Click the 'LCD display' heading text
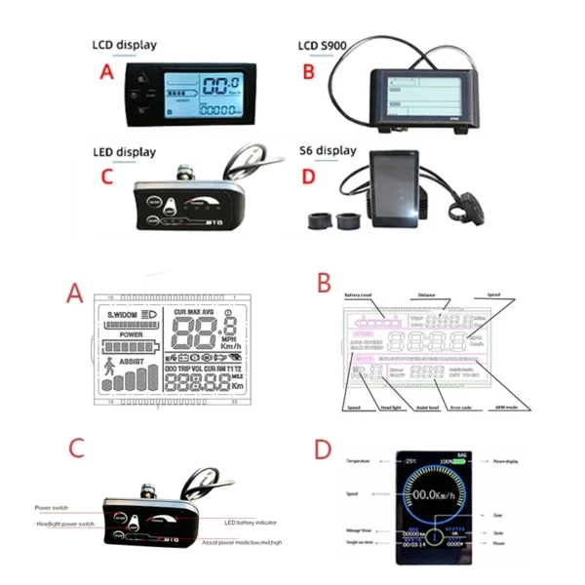124,45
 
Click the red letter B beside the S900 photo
308,73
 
